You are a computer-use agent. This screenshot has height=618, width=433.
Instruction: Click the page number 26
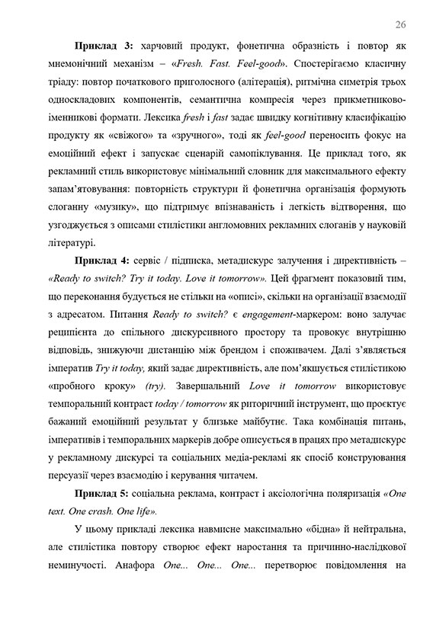[401, 25]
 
